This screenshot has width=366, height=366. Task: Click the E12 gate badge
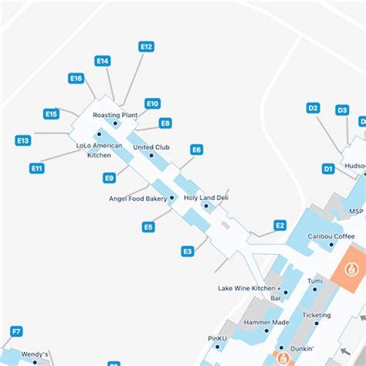tap(147, 46)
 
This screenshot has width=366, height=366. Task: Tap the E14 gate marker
tap(103, 60)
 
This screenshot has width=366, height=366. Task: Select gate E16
tap(76, 78)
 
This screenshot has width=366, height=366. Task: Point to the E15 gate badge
tap(51, 114)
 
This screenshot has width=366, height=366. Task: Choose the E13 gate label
tap(22, 141)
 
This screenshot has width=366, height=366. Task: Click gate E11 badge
tap(36, 168)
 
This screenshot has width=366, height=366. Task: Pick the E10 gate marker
tap(152, 103)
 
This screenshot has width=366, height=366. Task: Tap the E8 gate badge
tap(165, 123)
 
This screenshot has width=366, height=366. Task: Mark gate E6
tap(197, 149)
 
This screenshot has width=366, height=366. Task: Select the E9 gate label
tap(110, 178)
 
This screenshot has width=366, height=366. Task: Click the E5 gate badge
tap(148, 227)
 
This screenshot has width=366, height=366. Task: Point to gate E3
tap(187, 251)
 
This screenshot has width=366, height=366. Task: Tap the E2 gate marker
tap(280, 225)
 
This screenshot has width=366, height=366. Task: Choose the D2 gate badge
tap(313, 108)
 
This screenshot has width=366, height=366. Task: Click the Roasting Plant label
tap(115, 115)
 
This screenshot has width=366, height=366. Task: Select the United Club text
tap(151, 147)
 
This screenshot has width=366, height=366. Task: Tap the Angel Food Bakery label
tap(138, 198)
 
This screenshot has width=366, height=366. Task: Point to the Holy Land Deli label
tap(206, 198)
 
